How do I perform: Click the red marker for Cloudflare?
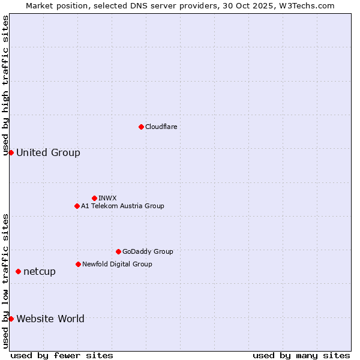(141, 127)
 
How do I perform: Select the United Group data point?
(11, 152)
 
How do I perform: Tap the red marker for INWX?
(94, 198)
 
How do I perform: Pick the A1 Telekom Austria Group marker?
(77, 206)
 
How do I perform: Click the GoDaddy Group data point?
(118, 251)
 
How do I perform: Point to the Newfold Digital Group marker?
(78, 264)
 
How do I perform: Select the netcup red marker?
(18, 271)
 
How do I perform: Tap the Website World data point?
(11, 319)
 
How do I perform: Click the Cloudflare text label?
(161, 127)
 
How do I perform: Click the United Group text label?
(48, 152)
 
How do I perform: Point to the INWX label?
(107, 198)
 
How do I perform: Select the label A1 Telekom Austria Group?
(122, 206)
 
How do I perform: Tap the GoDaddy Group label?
(148, 251)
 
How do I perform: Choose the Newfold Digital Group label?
(117, 264)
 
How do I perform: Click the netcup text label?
(40, 271)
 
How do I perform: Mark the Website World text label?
(50, 319)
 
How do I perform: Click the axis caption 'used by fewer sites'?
(62, 355)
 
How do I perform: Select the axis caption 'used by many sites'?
(301, 355)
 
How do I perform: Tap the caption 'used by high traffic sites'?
(5, 85)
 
